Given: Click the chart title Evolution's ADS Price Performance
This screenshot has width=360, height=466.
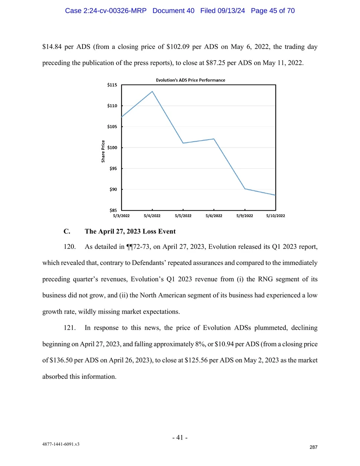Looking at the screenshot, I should click(191, 80).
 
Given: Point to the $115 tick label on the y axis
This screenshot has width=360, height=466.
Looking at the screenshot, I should click(112, 85).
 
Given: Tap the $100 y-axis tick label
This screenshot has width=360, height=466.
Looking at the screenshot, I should click(112, 148).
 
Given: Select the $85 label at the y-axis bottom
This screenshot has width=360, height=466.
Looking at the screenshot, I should click(113, 210).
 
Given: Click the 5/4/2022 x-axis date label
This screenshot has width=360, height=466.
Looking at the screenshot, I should click(152, 216).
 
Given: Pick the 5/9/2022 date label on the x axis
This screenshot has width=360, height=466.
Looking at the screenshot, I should click(245, 216).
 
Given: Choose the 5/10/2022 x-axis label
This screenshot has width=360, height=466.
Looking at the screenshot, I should click(276, 216).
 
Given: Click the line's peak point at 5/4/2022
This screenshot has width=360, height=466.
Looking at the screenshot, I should click(152, 91).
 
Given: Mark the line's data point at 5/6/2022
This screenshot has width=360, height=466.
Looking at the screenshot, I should click(214, 139).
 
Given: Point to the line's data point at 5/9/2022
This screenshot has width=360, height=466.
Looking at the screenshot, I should click(245, 189).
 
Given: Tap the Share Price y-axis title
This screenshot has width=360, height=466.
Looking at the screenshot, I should click(103, 151).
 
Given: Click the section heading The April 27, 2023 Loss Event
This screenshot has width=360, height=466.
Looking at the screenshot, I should click(130, 231).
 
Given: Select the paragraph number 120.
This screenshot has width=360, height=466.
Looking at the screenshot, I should click(70, 247).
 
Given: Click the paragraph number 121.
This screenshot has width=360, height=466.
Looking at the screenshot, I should click(70, 328).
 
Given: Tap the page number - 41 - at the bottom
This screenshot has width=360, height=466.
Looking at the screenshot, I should click(180, 437).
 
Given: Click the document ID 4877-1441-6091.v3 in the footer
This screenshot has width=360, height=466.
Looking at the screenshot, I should click(61, 444).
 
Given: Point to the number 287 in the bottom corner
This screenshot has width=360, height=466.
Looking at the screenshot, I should click(313, 447).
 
